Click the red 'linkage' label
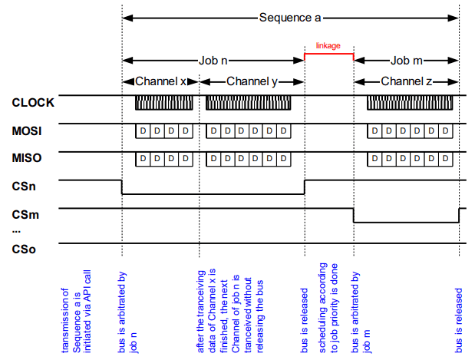328,46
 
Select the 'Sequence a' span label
289,16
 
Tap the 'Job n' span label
213,60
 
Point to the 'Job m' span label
406,60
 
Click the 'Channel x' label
160,81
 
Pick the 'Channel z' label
406,81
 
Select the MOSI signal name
26,131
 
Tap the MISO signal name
26,159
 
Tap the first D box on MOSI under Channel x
142,131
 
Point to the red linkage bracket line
328,54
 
